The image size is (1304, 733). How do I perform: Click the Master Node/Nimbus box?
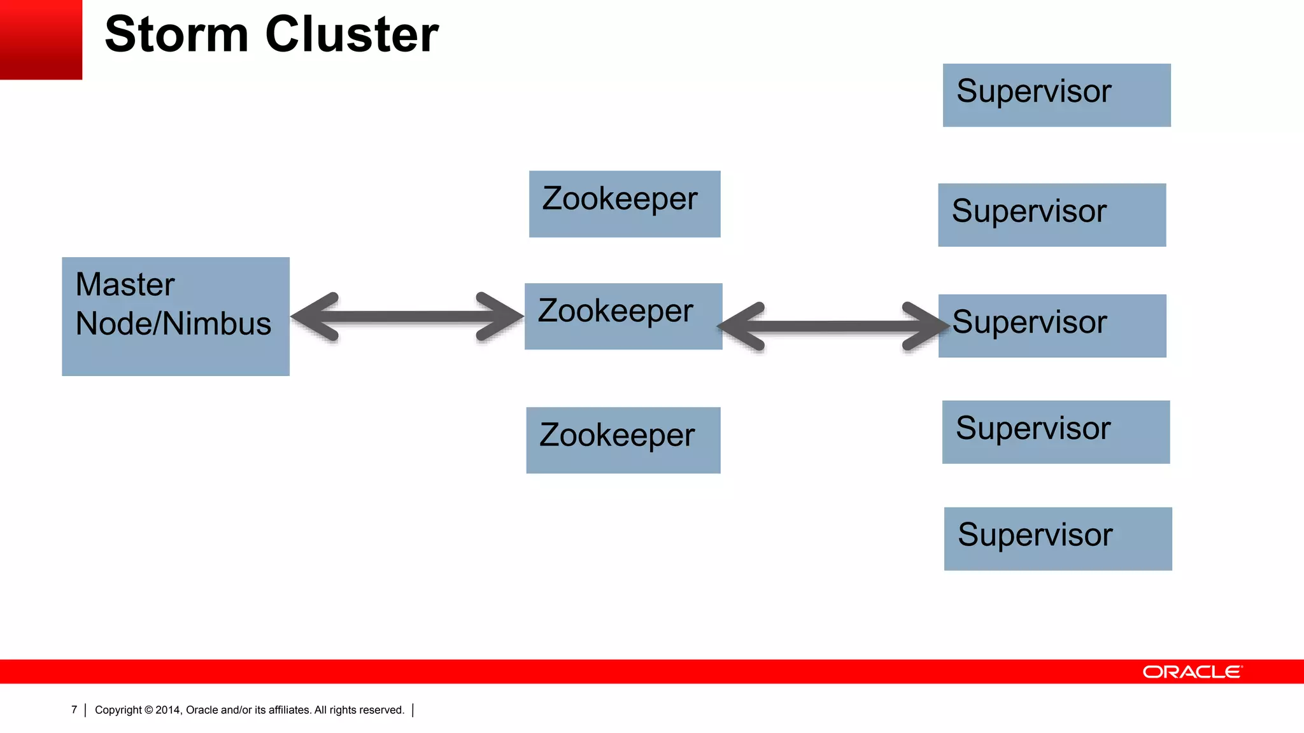pos(175,316)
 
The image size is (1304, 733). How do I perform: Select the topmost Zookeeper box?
pos(624,204)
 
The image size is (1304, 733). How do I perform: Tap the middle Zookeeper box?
pos(623,316)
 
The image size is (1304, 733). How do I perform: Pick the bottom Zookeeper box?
pos(623,440)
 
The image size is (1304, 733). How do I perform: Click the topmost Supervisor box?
pos(1056,95)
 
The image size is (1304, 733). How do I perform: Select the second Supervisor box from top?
pos(1052,215)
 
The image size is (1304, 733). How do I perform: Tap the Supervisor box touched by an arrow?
pos(1052,326)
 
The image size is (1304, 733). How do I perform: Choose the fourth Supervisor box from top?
pos(1056,432)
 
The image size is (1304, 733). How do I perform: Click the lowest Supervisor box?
pos(1058,539)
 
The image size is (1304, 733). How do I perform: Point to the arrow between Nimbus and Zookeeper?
pos(407,317)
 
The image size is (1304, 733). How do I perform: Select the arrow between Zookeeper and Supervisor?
pos(833,327)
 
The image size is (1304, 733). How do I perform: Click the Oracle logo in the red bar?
pos(1191,672)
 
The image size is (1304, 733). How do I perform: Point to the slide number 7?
pos(74,709)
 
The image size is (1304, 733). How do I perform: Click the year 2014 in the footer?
pos(168,710)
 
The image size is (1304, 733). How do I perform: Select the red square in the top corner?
pos(41,39)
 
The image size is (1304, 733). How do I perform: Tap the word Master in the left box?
pos(125,284)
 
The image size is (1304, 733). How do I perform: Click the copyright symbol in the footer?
pos(148,710)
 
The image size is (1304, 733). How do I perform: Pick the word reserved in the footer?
pos(383,710)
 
